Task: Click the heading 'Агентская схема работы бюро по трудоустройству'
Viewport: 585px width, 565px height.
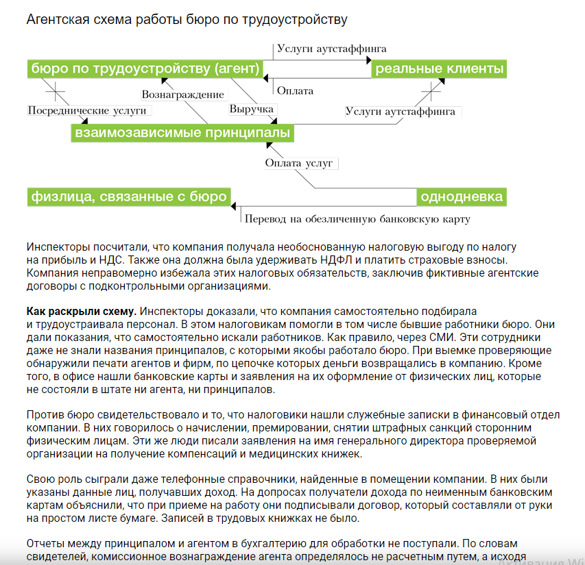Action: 187,18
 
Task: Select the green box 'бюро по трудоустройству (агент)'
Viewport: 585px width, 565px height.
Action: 145,68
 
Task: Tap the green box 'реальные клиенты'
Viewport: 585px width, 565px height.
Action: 440,68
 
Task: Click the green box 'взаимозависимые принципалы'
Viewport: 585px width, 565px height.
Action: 182,132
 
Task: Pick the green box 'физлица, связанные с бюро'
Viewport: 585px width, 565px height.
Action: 128,197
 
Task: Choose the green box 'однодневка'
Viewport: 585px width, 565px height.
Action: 462,197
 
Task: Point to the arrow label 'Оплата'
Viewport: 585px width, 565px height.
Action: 296,90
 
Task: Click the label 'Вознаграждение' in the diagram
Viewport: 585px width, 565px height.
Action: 182,95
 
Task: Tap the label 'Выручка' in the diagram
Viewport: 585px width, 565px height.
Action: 252,110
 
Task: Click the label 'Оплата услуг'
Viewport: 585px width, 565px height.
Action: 299,163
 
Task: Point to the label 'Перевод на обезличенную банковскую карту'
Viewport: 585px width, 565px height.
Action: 357,219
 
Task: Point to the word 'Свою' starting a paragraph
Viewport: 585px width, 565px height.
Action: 39,480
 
